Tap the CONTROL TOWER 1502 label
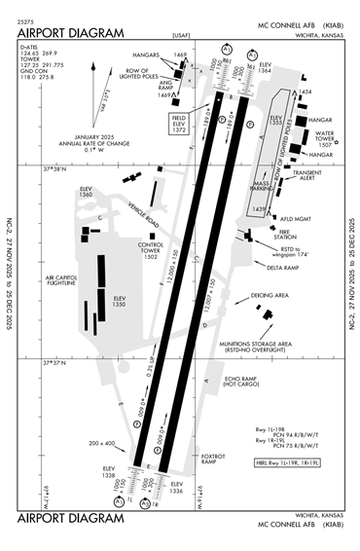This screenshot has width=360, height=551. click(150, 250)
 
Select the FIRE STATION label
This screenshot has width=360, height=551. click(284, 234)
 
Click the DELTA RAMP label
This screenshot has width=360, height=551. click(283, 267)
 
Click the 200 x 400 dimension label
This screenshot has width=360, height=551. click(99, 443)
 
